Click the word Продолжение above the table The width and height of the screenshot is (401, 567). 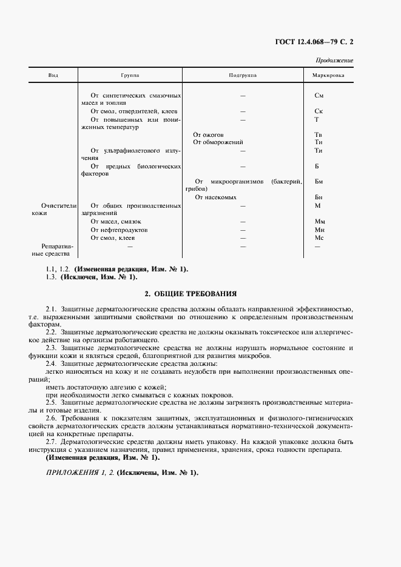[x=335, y=61]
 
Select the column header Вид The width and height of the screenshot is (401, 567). [x=53, y=76]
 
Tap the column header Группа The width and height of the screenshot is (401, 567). [x=130, y=76]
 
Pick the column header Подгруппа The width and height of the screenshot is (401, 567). [x=243, y=76]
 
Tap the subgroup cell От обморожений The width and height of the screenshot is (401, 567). [x=217, y=142]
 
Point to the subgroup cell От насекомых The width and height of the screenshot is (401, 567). [x=215, y=197]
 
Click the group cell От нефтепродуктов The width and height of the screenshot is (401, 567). [x=119, y=230]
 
